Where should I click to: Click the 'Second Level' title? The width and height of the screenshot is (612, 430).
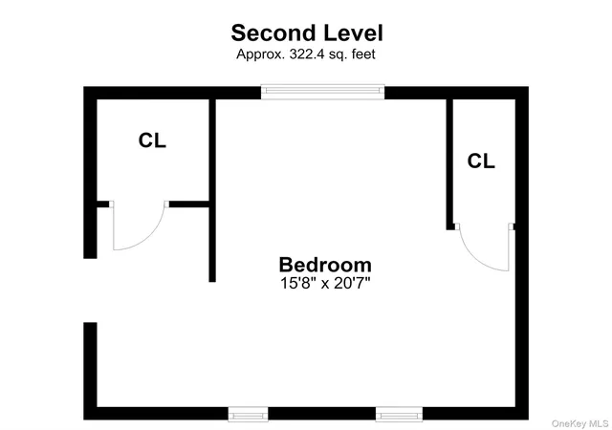307,33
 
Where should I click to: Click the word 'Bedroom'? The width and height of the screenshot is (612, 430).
325,265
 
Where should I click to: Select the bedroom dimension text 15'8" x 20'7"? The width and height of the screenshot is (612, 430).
325,283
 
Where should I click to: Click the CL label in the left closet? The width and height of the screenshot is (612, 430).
152,140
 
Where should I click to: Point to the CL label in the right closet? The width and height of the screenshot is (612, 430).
481,161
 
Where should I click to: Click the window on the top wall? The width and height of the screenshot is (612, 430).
322,92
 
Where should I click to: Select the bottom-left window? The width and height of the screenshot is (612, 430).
249,414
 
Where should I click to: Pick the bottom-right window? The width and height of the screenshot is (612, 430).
400,414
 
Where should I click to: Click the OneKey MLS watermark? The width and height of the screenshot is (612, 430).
580,423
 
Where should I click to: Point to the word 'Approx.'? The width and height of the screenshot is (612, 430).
260,54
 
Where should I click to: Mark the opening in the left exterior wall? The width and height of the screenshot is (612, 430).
90,290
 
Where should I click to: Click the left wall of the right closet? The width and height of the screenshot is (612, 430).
449,164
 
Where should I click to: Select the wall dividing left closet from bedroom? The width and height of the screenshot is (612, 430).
212,190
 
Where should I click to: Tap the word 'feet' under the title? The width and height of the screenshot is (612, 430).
363,54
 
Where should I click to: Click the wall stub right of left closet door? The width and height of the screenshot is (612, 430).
189,204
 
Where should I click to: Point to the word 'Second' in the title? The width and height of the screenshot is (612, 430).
273,33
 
